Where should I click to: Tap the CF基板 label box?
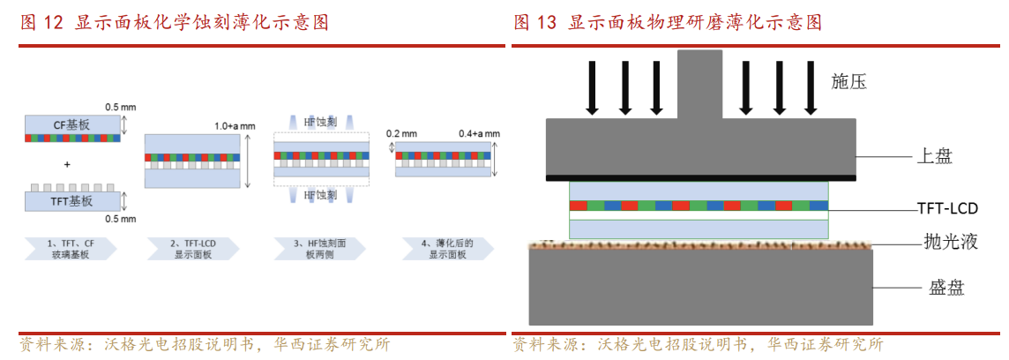click(72, 124)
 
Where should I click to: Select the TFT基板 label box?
click(72, 201)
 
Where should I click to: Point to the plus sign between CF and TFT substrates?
click(68, 164)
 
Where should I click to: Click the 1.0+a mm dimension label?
click(235, 126)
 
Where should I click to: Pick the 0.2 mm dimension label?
click(400, 133)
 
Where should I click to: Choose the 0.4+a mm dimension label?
click(479, 133)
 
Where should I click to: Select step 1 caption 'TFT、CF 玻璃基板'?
click(71, 247)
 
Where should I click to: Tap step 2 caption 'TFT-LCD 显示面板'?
click(195, 247)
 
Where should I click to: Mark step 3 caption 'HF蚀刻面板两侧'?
click(319, 247)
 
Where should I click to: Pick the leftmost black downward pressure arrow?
click(592, 87)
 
